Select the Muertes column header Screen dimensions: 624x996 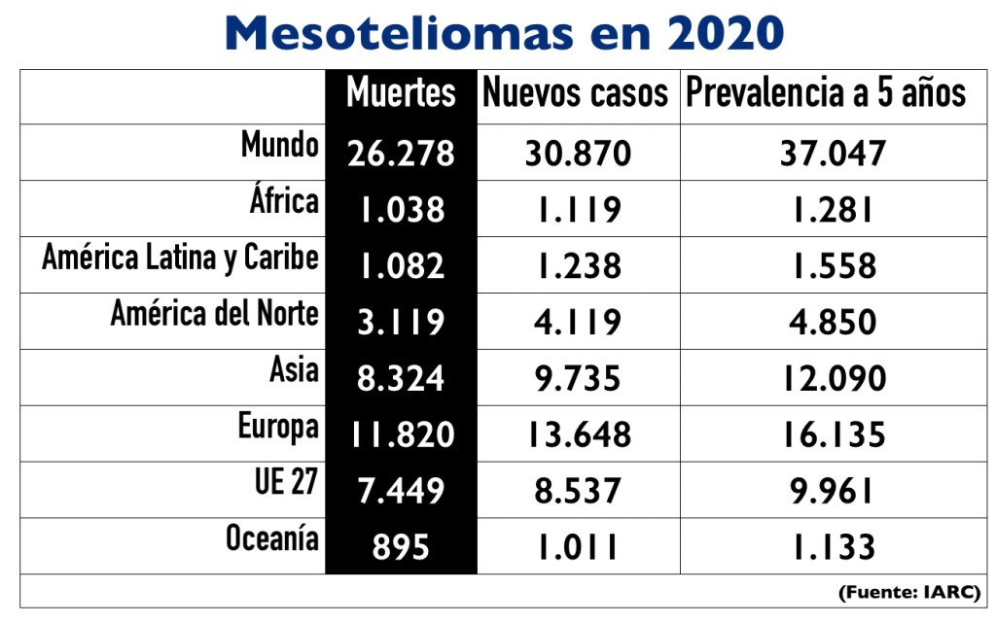[401, 93]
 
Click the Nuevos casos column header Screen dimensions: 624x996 [576, 93]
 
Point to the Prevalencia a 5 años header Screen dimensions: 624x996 [826, 93]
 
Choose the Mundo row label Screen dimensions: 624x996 [280, 146]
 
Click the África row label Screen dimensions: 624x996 [284, 201]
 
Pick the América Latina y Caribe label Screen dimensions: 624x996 [180, 259]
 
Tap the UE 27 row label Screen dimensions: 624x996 [286, 483]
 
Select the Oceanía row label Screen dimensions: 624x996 [272, 538]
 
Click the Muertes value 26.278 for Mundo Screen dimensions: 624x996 [401, 154]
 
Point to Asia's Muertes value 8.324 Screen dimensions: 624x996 [401, 378]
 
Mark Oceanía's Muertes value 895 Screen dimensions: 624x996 [401, 547]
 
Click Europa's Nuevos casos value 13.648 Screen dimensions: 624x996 [578, 434]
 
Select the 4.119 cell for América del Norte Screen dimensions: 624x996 [578, 322]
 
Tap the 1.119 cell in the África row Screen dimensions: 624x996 [578, 209]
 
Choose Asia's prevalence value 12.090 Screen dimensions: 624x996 [833, 378]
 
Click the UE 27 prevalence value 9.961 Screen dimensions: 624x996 [833, 491]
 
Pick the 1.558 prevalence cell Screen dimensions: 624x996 [833, 265]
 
